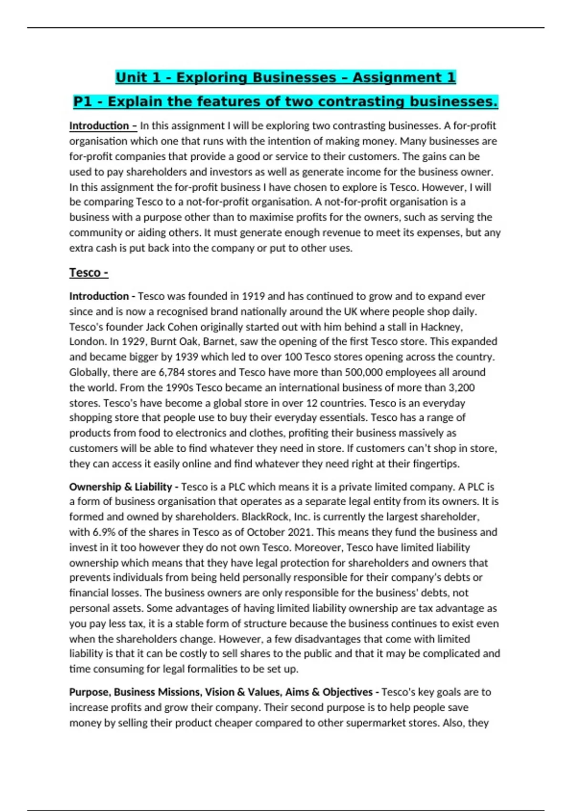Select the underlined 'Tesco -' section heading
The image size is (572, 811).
89,272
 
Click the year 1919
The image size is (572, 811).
253,296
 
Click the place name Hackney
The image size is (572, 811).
443,327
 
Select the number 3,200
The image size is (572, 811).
459,387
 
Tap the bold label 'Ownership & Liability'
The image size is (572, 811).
121,487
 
